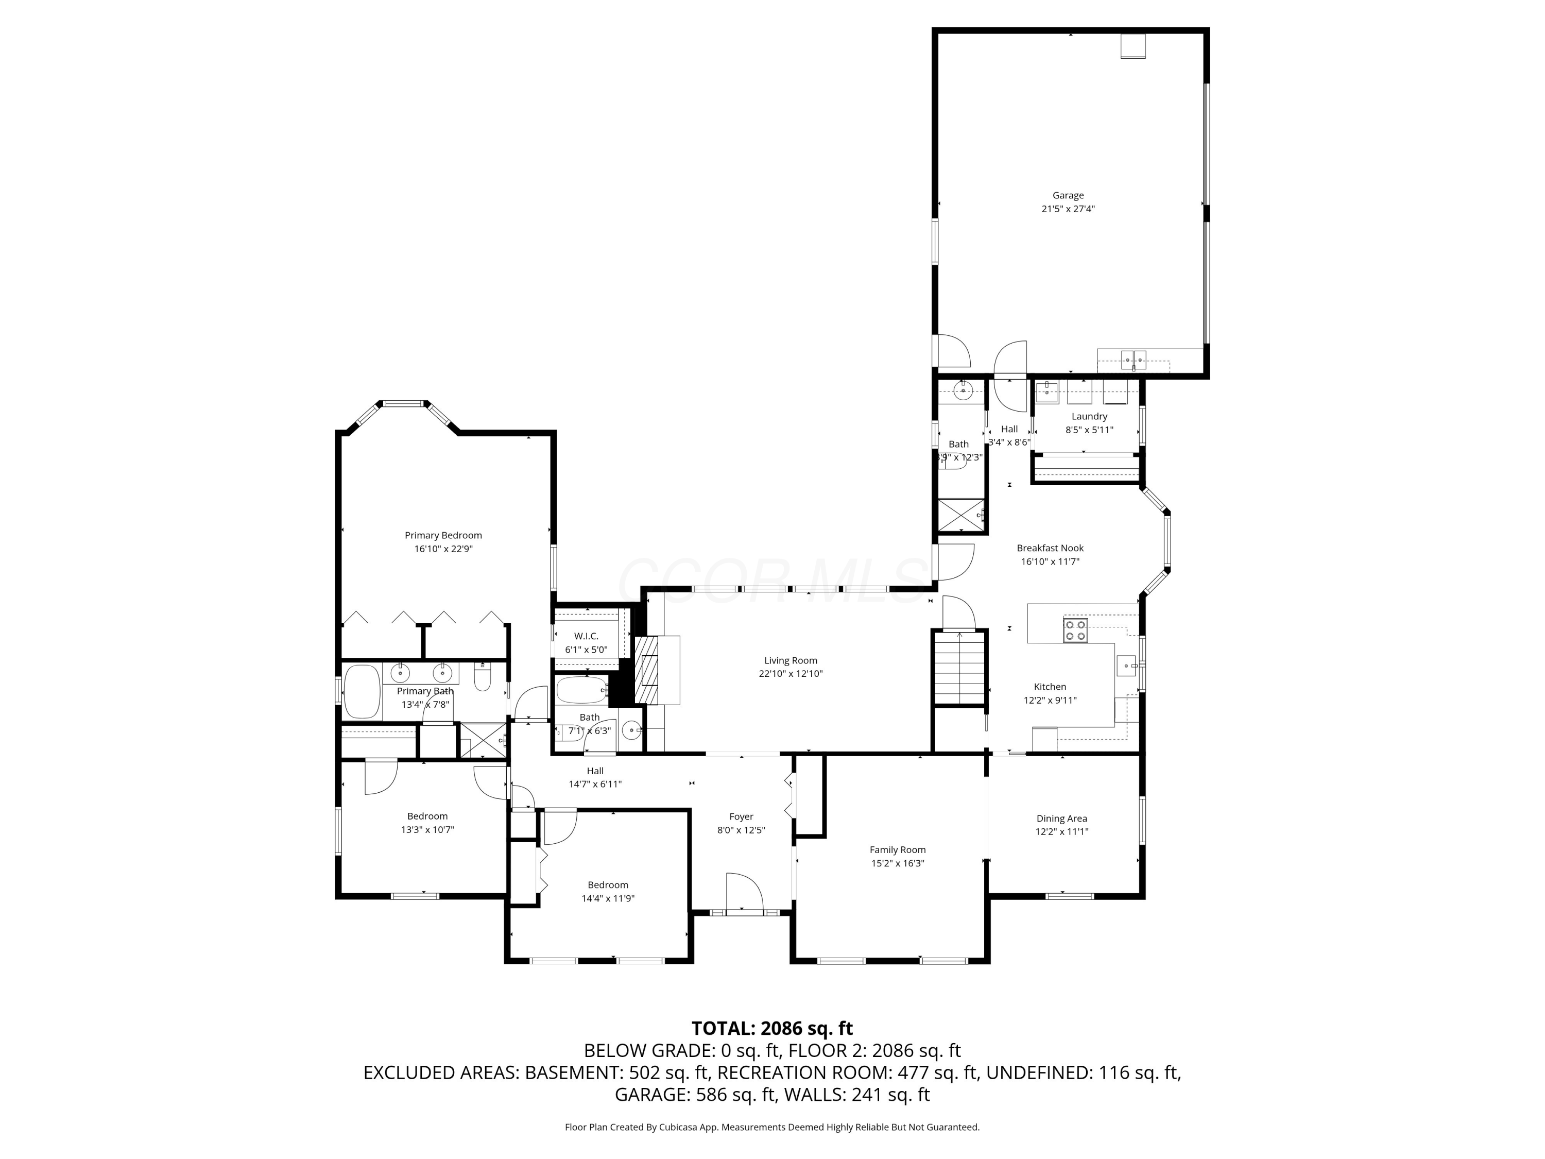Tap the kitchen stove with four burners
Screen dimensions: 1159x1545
pos(1075,630)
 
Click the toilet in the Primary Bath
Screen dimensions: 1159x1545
pos(483,677)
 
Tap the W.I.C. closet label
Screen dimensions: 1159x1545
pos(586,636)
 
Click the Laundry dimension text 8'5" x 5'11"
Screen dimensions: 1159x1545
pos(1089,430)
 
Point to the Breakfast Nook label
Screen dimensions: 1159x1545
pos(1050,548)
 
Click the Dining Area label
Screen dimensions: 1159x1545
pos(1061,818)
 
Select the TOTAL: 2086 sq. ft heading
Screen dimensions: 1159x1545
pos(772,1028)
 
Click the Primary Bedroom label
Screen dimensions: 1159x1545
pos(443,535)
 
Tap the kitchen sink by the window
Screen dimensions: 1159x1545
pos(1126,666)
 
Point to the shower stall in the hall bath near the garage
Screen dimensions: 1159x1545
pos(961,516)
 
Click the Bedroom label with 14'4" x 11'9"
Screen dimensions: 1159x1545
pos(608,884)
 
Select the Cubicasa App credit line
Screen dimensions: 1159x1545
pos(772,1127)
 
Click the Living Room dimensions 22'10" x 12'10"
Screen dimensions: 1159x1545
pos(791,673)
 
